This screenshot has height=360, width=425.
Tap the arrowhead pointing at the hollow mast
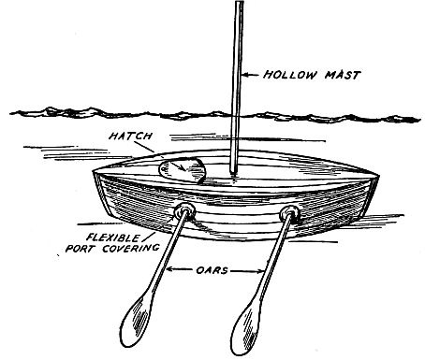coord(240,72)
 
